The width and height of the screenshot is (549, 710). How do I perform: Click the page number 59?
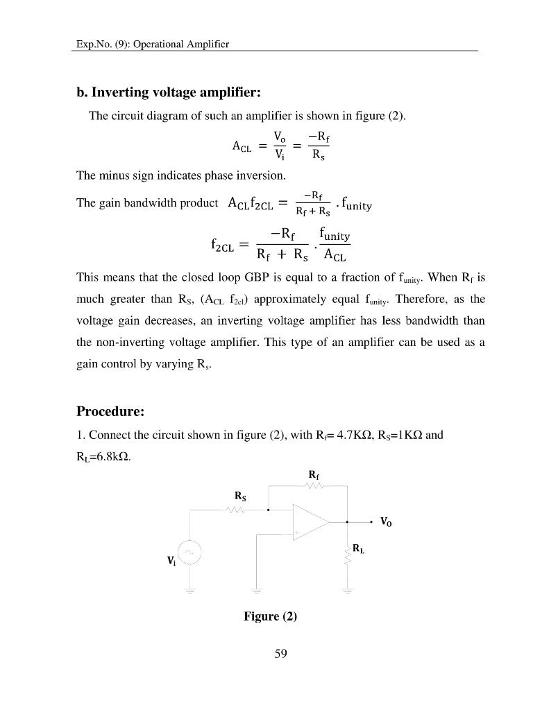coord(280,653)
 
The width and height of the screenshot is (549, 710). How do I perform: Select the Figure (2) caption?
coord(270,616)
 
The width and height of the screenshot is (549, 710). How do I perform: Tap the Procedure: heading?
coord(110,411)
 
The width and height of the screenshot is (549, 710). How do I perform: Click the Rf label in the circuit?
coord(313,474)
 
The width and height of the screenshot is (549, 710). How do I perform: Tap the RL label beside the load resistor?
coord(358,548)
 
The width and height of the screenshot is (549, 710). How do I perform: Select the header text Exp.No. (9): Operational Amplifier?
coord(152,44)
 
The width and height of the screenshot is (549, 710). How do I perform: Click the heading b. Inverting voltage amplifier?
coord(168,92)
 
